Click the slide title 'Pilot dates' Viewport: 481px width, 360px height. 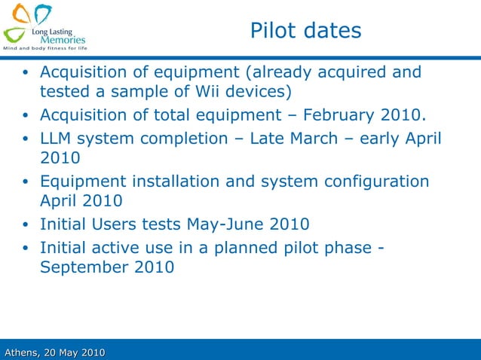point(305,31)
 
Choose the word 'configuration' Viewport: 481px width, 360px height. point(376,182)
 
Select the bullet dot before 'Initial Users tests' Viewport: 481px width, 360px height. point(25,225)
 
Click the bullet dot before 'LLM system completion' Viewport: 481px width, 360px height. point(25,139)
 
